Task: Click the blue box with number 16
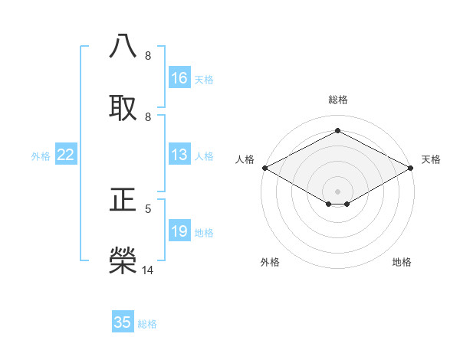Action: (x=179, y=78)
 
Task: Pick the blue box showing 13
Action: (x=179, y=155)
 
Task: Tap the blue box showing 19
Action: (x=179, y=232)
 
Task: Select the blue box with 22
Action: (x=66, y=155)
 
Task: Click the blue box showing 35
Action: (x=123, y=322)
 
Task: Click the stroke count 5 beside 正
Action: (x=148, y=208)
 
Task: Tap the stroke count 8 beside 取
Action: (x=148, y=116)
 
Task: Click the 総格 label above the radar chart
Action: (x=338, y=100)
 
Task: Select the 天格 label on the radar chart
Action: (x=431, y=159)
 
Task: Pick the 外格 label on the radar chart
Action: (x=270, y=262)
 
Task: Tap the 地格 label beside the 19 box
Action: (x=204, y=233)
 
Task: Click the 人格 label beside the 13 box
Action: (x=204, y=156)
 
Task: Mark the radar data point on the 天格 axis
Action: (x=412, y=168)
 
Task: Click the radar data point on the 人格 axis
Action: (x=264, y=168)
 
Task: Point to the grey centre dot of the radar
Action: (x=338, y=190)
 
